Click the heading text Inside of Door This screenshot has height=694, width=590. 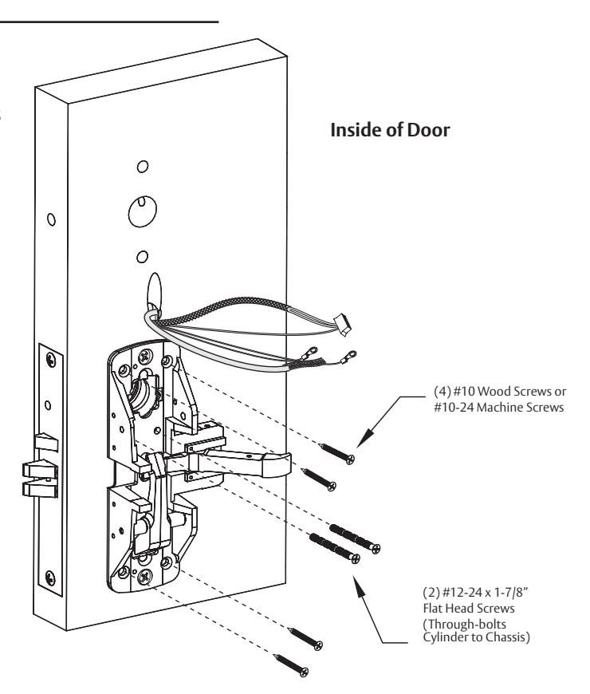pyautogui.click(x=390, y=130)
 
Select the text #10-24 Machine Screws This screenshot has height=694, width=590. pyautogui.click(x=499, y=407)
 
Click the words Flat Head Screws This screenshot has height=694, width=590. pyautogui.click(x=469, y=608)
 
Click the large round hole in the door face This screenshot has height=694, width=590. pyautogui.click(x=143, y=211)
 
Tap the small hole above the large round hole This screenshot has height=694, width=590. pyautogui.click(x=143, y=167)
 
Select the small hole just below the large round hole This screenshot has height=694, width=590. pyautogui.click(x=142, y=257)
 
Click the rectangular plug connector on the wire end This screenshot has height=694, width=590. pyautogui.click(x=343, y=325)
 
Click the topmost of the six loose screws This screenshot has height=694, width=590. pyautogui.click(x=337, y=453)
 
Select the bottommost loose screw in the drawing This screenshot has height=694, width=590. pyautogui.click(x=290, y=665)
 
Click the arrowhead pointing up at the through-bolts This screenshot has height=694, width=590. pyautogui.click(x=359, y=584)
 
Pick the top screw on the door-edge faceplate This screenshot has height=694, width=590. pyautogui.click(x=51, y=359)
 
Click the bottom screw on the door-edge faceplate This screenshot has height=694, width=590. pyautogui.click(x=51, y=578)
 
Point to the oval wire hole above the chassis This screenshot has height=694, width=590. pyautogui.click(x=154, y=290)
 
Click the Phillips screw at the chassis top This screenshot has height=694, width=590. pyautogui.click(x=146, y=356)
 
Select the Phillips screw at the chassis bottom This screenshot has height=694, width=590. pyautogui.click(x=144, y=576)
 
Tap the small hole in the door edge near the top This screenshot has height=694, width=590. pyautogui.click(x=51, y=219)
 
